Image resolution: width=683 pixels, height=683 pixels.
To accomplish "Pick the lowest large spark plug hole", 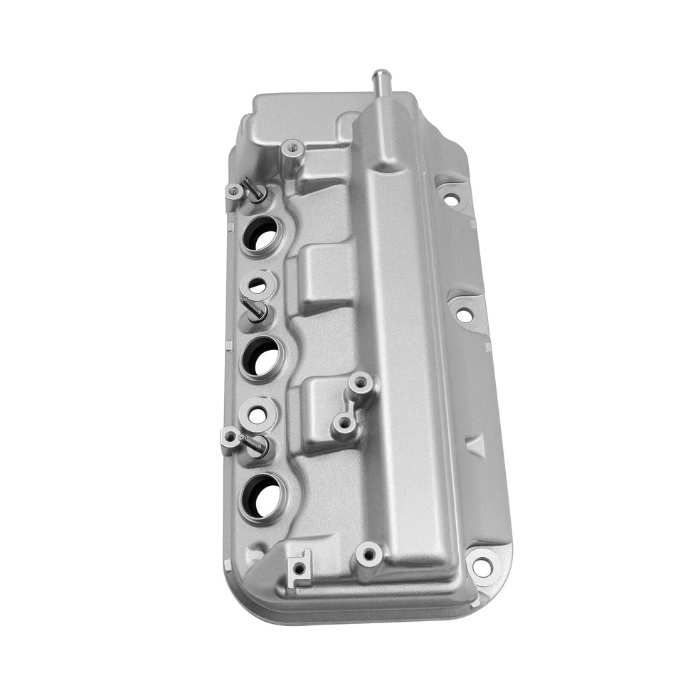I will pyautogui.click(x=262, y=495).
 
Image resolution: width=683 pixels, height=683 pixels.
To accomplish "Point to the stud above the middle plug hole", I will pyautogui.click(x=254, y=307).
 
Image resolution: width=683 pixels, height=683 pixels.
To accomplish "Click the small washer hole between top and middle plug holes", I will pyautogui.click(x=257, y=286).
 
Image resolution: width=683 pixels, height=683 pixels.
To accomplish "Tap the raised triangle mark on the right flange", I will pyautogui.click(x=475, y=446).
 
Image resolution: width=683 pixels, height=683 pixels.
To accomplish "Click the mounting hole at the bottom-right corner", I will pyautogui.click(x=482, y=567).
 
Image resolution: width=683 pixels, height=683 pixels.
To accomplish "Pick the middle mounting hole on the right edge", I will pyautogui.click(x=464, y=314).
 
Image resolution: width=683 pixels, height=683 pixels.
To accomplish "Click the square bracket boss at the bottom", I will pyautogui.click(x=300, y=567).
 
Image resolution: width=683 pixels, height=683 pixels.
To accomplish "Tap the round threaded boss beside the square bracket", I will pyautogui.click(x=369, y=553).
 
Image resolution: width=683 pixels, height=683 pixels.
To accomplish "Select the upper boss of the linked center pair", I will pyautogui.click(x=361, y=383).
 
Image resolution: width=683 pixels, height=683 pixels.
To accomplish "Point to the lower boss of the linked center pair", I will pyautogui.click(x=344, y=424).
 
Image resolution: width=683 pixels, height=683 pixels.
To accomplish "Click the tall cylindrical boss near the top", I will pyautogui.click(x=291, y=150).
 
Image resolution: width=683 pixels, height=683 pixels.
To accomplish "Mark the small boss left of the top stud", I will pyautogui.click(x=234, y=191).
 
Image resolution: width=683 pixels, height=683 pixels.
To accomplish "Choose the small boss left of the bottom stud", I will pyautogui.click(x=229, y=436).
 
